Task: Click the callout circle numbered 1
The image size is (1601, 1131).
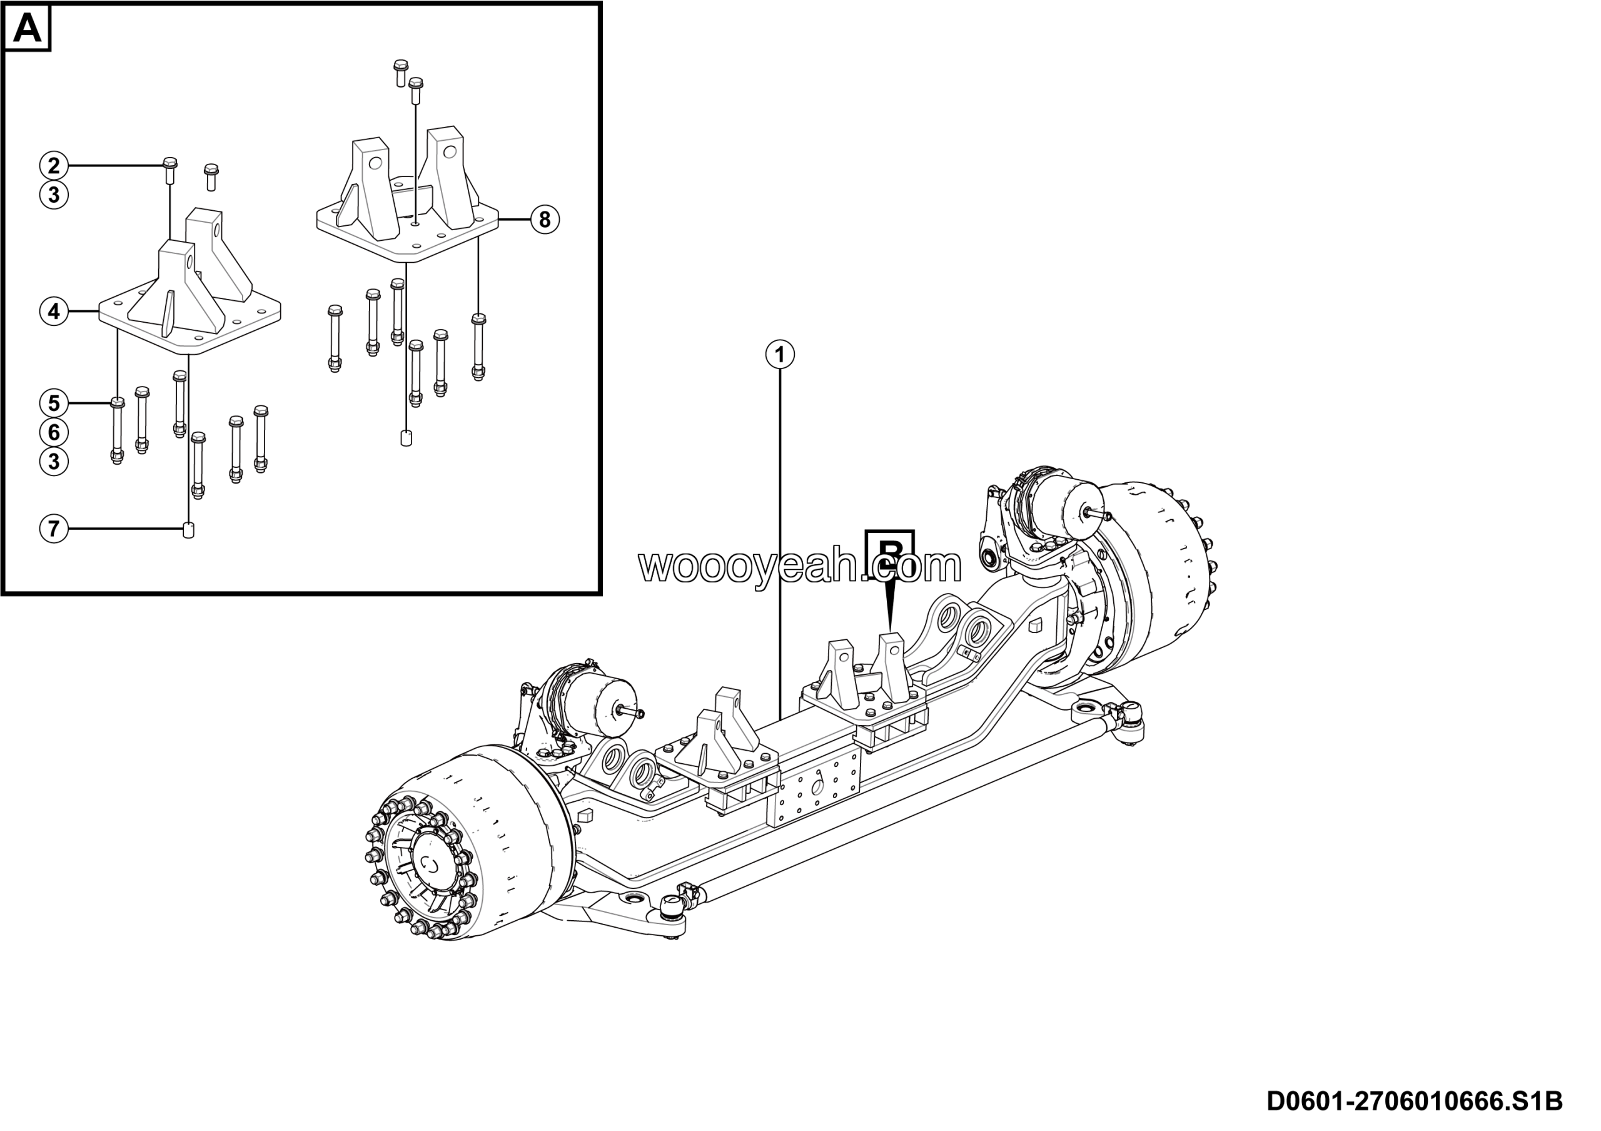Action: click(780, 355)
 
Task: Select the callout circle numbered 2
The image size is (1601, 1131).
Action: click(54, 166)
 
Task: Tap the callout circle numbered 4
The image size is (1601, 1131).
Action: click(54, 311)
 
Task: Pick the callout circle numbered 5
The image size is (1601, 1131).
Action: click(54, 403)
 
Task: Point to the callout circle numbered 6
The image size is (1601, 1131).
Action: click(54, 432)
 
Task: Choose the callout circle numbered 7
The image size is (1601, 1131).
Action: click(54, 529)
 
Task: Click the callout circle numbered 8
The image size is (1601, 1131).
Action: click(545, 220)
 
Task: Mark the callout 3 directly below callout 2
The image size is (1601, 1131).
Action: click(54, 195)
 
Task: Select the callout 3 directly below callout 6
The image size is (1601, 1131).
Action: click(54, 462)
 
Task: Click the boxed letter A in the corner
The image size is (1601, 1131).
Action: click(27, 29)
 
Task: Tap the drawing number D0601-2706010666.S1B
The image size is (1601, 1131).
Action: click(1414, 1101)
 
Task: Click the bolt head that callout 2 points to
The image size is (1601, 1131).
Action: click(169, 165)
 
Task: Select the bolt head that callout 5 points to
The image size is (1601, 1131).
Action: click(117, 402)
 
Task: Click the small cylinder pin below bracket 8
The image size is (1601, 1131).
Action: click(407, 438)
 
